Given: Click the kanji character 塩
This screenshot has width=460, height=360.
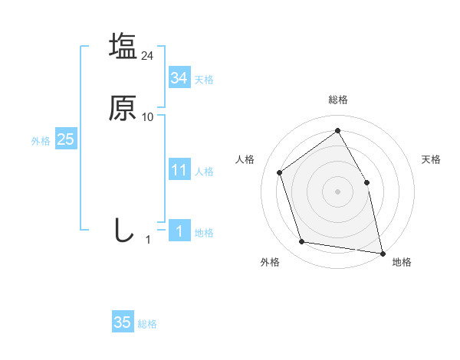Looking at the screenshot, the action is (123, 46).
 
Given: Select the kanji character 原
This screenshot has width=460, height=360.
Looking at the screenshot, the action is (123, 108).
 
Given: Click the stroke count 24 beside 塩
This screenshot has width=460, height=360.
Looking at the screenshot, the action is (148, 56).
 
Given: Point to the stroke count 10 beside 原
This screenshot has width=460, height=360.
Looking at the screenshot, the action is (148, 117).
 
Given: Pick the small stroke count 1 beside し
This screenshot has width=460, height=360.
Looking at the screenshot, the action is (149, 240).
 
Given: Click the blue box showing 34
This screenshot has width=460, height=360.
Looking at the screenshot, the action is (179, 78).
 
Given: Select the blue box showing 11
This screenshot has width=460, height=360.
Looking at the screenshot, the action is (179, 170).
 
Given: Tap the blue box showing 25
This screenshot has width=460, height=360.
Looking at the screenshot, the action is (65, 139).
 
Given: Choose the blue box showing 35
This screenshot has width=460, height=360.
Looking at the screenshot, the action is (122, 322).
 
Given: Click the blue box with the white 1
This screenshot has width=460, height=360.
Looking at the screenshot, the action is (179, 231).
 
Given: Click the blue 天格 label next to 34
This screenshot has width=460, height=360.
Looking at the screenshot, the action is (204, 80).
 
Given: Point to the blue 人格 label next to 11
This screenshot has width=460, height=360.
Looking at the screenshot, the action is (204, 172).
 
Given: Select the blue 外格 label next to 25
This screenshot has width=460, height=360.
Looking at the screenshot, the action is (41, 141).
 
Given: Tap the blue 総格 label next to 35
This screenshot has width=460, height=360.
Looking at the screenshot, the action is (147, 324).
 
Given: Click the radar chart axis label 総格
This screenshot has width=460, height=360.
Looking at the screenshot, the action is (337, 100).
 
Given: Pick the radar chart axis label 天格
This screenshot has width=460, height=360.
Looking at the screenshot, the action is (431, 159).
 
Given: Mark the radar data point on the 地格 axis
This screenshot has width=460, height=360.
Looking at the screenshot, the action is (383, 252).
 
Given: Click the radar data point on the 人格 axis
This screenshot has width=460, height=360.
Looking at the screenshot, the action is (280, 172).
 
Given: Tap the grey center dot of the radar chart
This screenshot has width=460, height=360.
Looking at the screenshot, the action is (337, 191).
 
